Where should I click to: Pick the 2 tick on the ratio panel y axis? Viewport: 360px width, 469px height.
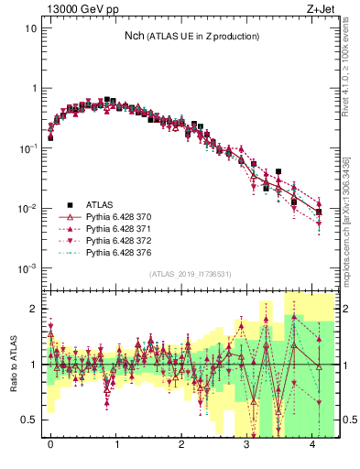click(33, 310)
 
